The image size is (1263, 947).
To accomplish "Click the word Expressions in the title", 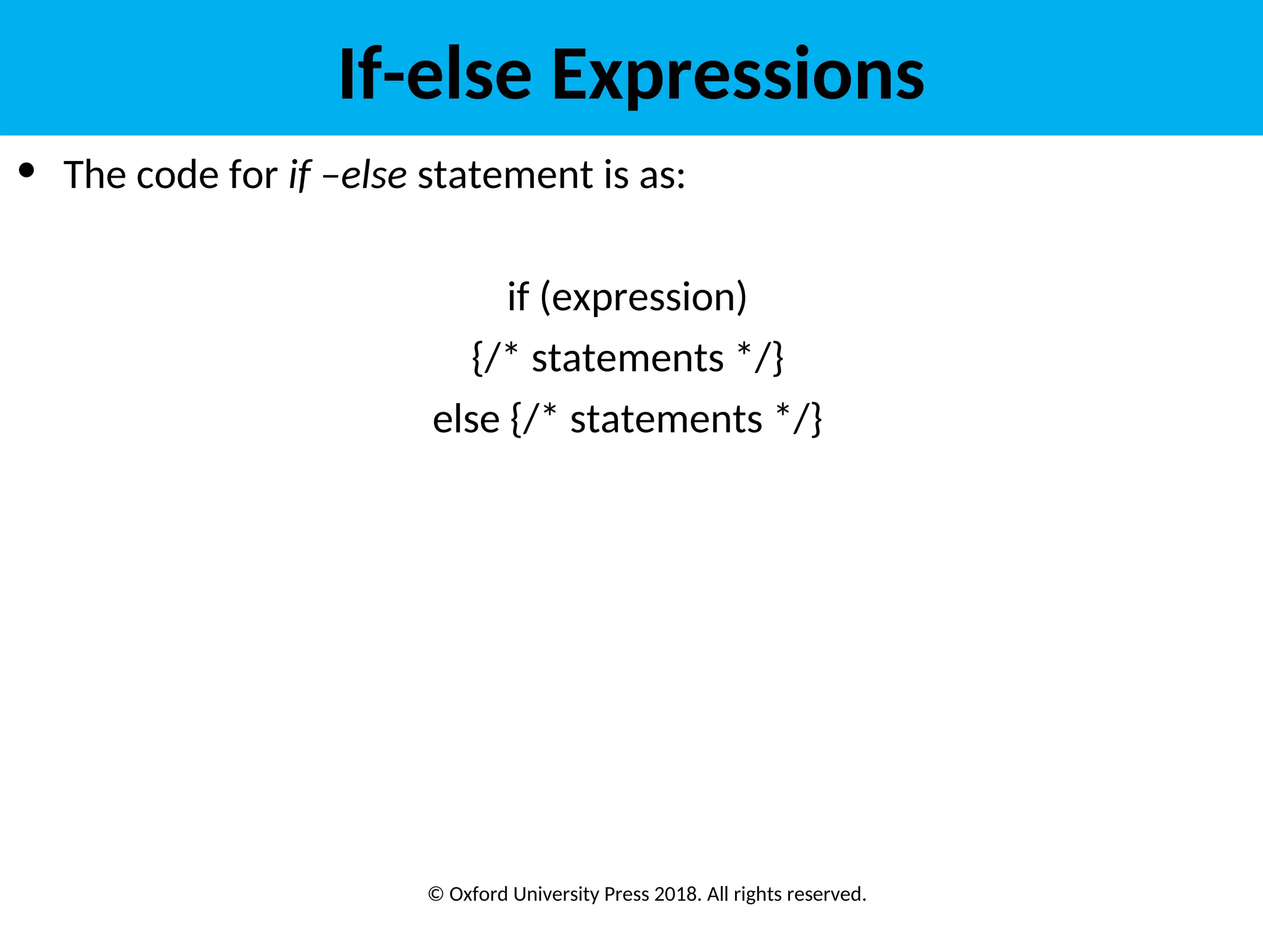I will click(738, 75).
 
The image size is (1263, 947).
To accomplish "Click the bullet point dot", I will click(27, 170).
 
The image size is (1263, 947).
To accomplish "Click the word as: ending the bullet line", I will click(662, 176).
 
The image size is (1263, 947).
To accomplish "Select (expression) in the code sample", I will click(643, 297).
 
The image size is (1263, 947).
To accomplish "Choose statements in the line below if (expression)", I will click(628, 358).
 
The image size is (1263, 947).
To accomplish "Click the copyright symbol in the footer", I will click(436, 894).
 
